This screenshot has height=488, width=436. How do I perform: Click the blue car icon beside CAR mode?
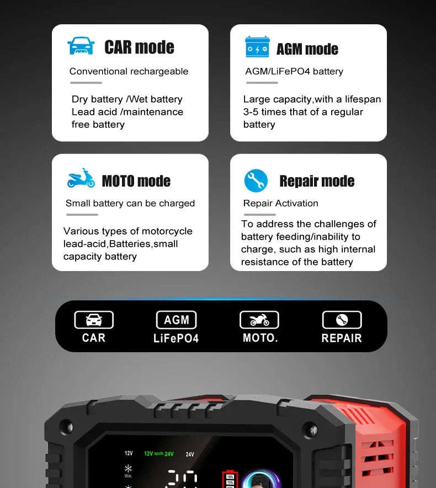[x=81, y=46]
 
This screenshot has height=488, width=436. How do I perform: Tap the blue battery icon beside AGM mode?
[x=257, y=47]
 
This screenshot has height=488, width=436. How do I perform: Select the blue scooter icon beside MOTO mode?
[x=81, y=179]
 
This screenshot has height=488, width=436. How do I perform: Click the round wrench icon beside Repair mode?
[x=256, y=181]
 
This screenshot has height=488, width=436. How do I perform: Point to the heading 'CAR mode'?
[x=139, y=47]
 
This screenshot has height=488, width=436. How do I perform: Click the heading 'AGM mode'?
[x=307, y=49]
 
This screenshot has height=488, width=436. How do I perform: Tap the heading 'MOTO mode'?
[x=136, y=181]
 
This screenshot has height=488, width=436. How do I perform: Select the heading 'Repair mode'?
[x=317, y=181]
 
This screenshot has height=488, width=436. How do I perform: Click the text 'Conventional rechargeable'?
[x=129, y=71]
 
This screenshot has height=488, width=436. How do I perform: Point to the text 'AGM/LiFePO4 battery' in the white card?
[x=294, y=71]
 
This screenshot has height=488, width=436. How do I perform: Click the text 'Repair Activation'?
[x=280, y=203]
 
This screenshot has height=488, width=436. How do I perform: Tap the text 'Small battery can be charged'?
[x=130, y=203]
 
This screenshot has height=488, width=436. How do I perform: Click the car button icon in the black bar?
[x=94, y=320]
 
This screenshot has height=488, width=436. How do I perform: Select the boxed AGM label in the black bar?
[x=176, y=320]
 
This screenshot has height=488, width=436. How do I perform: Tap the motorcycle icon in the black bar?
[x=259, y=320]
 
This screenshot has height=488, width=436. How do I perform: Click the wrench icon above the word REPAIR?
[x=342, y=320]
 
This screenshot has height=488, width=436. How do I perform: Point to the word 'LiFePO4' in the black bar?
[x=176, y=338]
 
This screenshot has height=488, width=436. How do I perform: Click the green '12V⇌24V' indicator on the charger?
[x=159, y=454]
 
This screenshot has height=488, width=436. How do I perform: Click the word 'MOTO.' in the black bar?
[x=260, y=337]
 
